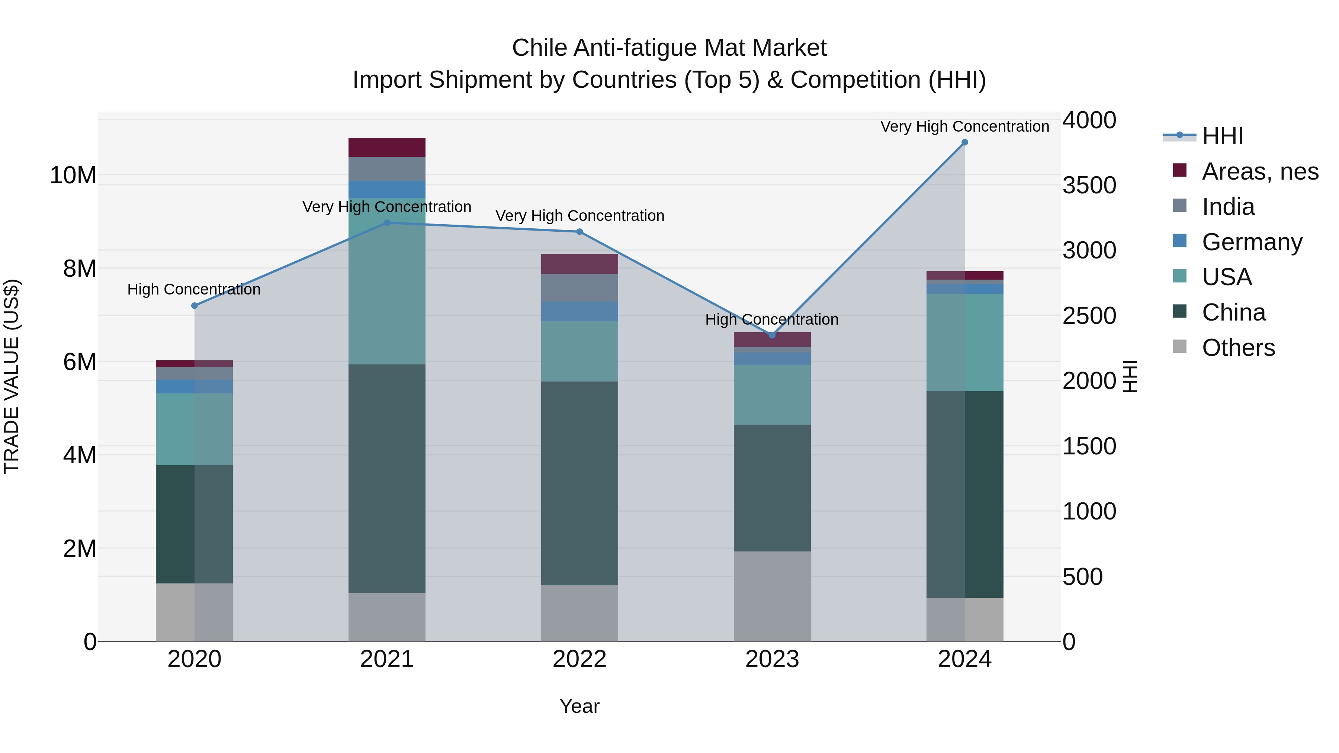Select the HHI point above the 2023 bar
tap(772, 335)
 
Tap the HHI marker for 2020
tap(195, 306)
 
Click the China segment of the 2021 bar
tap(387, 478)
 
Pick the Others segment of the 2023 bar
tap(772, 596)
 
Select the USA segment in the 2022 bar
tap(579, 351)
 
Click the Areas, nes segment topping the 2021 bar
tap(387, 148)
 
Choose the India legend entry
tap(1228, 207)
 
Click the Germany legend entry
tap(1252, 242)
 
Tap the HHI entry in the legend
tap(1221, 136)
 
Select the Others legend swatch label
tap(1238, 348)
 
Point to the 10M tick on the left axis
tap(73, 176)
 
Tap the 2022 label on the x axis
tap(579, 659)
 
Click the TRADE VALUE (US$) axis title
tap(12, 376)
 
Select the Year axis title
tap(579, 706)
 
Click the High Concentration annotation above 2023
tap(771, 319)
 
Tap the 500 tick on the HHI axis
tap(1082, 577)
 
